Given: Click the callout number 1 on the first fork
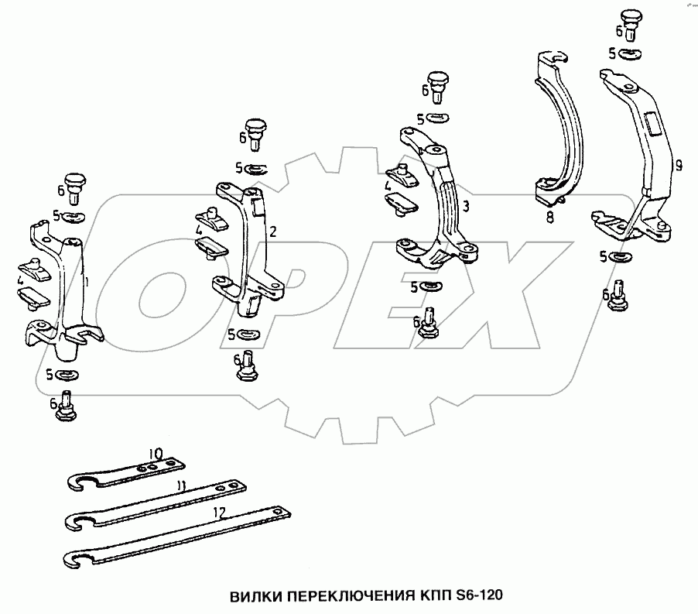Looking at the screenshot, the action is (x=87, y=282).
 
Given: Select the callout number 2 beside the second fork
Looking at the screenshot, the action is (x=273, y=232).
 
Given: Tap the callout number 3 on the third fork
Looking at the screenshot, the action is (x=466, y=207).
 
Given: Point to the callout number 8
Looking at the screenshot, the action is (x=550, y=218).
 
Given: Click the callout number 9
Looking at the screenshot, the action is (x=679, y=166).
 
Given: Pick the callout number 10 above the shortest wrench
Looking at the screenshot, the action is (x=156, y=454).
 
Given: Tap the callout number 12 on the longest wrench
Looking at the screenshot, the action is (x=220, y=513).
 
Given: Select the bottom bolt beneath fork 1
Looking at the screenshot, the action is (x=66, y=406).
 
